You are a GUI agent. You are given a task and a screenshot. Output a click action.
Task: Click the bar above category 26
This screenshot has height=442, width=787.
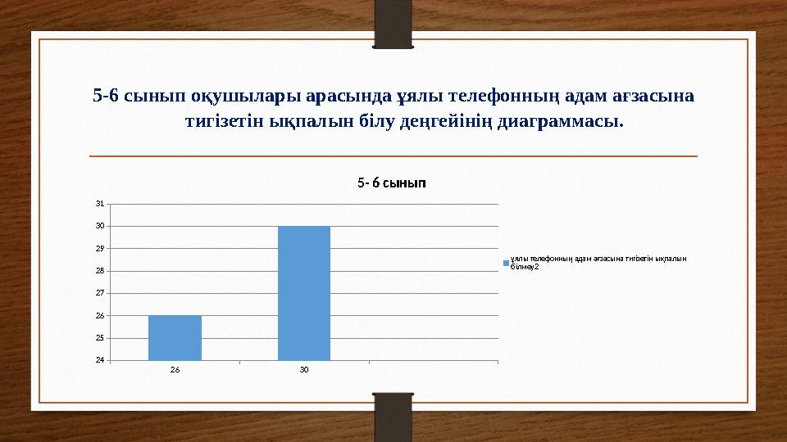[x=175, y=337]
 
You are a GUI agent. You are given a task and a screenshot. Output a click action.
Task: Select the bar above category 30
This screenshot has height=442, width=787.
[x=304, y=292]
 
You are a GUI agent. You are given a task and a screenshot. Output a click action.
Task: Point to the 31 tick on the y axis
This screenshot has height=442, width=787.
[x=99, y=204]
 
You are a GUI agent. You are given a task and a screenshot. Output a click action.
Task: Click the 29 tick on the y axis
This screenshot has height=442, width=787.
[x=99, y=248]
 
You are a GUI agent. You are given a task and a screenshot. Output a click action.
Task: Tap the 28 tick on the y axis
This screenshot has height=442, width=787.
[x=99, y=270]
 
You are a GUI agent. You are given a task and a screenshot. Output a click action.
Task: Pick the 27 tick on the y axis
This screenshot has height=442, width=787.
[x=99, y=293]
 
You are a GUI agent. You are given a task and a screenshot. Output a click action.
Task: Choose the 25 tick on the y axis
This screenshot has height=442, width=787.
[x=99, y=337]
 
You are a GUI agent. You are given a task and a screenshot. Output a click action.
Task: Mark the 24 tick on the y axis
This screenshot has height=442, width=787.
[x=99, y=360]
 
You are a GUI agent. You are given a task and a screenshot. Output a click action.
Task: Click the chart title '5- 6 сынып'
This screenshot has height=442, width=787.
[x=391, y=183]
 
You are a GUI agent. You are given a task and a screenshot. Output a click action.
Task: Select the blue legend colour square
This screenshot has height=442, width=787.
[x=506, y=263]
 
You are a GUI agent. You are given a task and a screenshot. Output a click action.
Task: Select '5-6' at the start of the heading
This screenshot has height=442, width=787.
[x=105, y=96]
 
